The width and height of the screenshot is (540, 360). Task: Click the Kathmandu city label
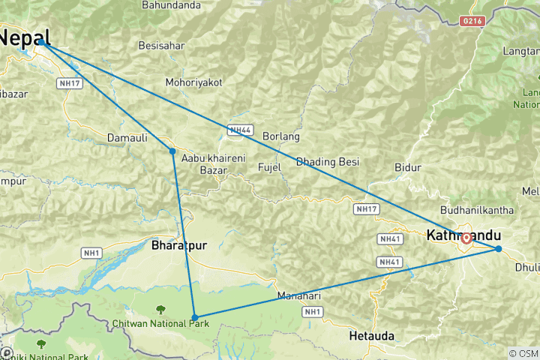click(463, 235)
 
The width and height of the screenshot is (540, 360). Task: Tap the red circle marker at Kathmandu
click(467, 238)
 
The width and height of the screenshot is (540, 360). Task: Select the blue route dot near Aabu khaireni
click(172, 151)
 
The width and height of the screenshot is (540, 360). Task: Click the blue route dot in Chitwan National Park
click(194, 317)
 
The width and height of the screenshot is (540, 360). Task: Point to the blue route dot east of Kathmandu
click(499, 249)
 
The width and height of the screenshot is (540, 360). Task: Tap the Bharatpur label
click(178, 245)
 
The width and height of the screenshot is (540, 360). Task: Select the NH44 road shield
click(239, 130)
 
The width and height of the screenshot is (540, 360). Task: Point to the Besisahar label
click(161, 46)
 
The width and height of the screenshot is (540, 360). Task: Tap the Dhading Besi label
click(328, 162)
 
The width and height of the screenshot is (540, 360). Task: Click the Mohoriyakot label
click(194, 82)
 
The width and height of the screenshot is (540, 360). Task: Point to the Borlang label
click(281, 137)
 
